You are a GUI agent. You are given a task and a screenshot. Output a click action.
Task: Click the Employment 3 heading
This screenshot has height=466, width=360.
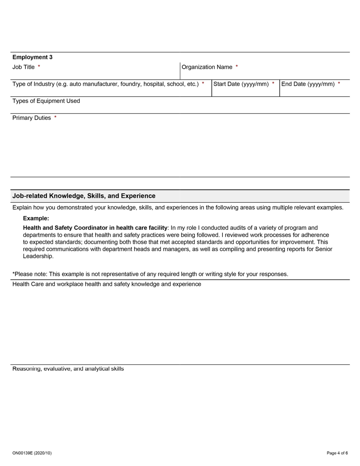coord(33,57)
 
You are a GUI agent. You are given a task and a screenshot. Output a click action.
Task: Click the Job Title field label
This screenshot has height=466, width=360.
coord(23,67)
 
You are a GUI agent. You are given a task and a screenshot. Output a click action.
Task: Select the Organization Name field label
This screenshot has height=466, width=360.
coord(207,67)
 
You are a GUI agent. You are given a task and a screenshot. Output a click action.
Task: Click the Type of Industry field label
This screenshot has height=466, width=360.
coord(105,84)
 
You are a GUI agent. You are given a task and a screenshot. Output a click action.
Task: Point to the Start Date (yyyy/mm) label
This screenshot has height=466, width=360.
coord(241,84)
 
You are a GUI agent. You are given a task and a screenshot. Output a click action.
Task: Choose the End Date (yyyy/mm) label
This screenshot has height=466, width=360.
coord(308,84)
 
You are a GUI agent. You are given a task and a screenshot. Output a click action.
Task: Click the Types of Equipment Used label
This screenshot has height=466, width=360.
coord(46,101)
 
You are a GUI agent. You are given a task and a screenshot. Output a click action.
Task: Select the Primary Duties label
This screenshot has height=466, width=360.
coord(31,118)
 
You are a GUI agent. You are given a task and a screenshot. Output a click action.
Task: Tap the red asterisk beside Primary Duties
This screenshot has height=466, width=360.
coord(55,118)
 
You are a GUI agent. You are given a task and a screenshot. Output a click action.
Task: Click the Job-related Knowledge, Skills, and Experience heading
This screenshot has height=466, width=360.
coord(84,196)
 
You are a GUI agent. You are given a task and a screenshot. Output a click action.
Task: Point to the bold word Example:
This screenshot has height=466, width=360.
coord(36,219)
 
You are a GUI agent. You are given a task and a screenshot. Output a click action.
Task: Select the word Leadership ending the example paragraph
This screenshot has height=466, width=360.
coord(38,256)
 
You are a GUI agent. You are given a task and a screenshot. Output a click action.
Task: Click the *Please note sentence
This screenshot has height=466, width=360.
coord(150,274)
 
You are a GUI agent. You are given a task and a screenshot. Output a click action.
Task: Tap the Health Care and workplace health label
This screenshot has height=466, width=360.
coord(106,284)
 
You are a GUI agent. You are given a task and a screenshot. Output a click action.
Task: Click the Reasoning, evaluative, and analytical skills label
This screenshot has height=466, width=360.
coord(68,369)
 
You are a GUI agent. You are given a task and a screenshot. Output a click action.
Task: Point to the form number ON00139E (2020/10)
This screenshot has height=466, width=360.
coord(32,453)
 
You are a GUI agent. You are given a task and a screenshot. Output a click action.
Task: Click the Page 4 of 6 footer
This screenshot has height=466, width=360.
coord(337,453)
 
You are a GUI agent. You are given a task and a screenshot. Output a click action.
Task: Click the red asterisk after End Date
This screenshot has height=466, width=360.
coord(339,84)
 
